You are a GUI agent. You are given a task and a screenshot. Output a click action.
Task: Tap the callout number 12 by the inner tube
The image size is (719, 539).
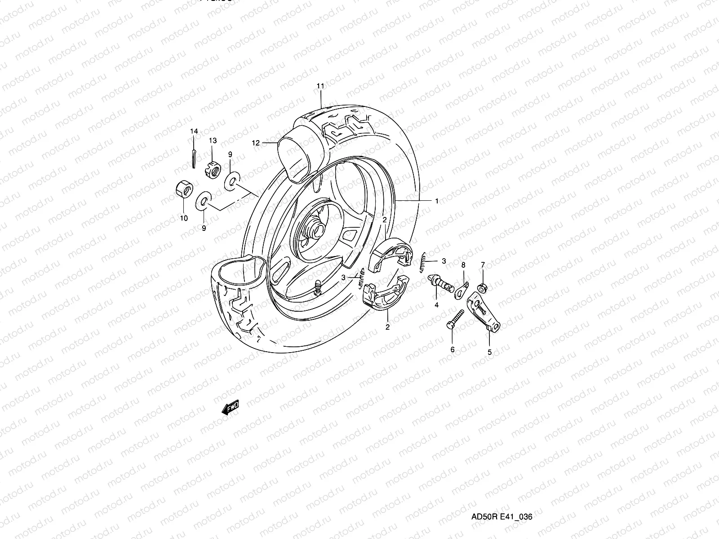click(256, 143)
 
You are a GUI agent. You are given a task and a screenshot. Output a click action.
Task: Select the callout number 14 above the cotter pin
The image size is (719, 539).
click(194, 131)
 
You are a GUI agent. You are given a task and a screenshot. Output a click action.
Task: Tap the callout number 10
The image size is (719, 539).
click(184, 218)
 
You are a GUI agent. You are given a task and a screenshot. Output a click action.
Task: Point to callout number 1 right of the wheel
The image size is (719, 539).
click(436, 201)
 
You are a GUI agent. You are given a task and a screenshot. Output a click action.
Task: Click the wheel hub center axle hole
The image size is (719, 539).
click(312, 230)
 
